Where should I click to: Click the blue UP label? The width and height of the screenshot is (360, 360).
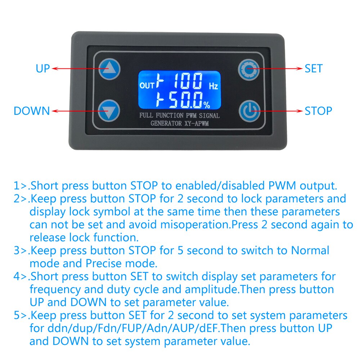click(x=43, y=68)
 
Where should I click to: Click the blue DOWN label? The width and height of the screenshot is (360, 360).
click(x=32, y=111)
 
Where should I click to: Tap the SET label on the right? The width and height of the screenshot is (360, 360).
click(x=314, y=68)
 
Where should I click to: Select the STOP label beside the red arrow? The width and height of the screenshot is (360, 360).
click(x=318, y=111)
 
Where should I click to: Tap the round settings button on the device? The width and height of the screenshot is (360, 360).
click(x=249, y=69)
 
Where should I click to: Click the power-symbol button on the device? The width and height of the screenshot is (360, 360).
click(x=249, y=111)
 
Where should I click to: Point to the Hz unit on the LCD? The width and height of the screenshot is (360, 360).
click(x=213, y=86)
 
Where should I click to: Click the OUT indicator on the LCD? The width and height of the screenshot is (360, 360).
click(x=147, y=86)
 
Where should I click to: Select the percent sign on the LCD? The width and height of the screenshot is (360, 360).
click(x=207, y=105)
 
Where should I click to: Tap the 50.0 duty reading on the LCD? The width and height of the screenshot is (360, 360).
click(x=186, y=100)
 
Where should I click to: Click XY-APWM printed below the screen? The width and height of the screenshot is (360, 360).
click(x=197, y=124)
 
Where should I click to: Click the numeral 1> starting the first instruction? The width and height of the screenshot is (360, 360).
click(x=20, y=185)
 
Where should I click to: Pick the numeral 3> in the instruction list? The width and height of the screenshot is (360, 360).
click(x=20, y=250)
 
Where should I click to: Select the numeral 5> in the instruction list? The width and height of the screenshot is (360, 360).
click(x=20, y=315)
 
